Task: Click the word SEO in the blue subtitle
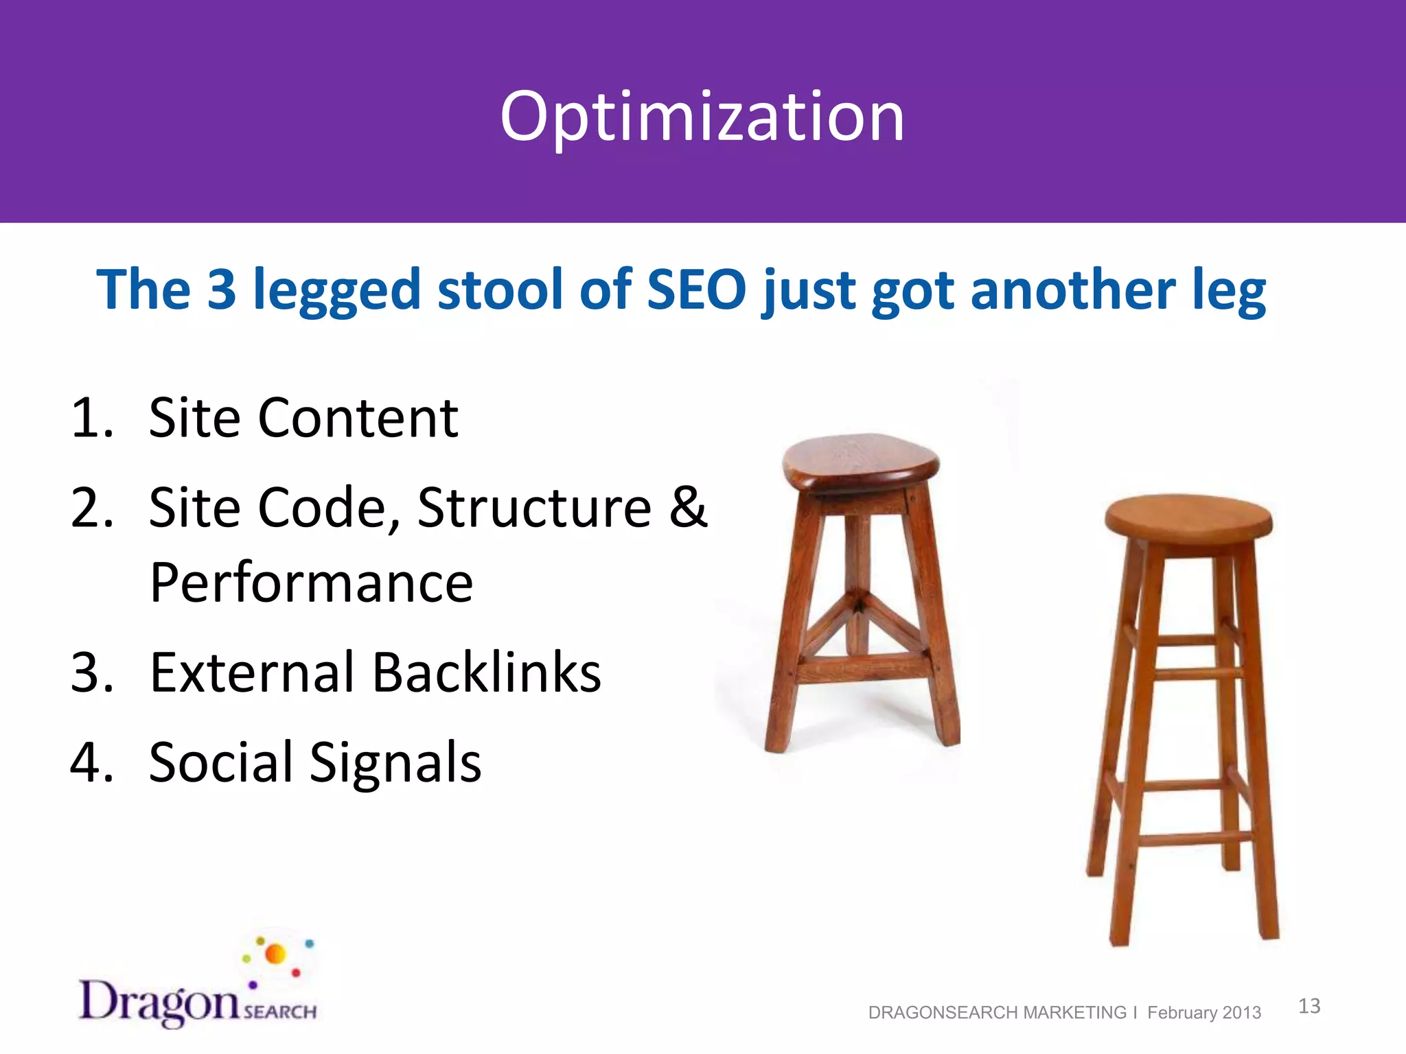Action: click(696, 290)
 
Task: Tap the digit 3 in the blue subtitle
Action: click(222, 290)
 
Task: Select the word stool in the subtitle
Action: click(500, 290)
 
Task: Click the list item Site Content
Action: click(303, 418)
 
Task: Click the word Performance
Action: click(311, 583)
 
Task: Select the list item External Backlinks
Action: click(375, 672)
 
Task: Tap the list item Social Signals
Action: click(315, 762)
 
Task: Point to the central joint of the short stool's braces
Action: click(858, 604)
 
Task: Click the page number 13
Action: click(1309, 1006)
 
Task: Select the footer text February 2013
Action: click(1204, 1013)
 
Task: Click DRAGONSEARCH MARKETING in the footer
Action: click(997, 1013)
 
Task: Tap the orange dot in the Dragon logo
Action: click(275, 954)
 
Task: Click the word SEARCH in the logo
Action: click(280, 1012)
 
